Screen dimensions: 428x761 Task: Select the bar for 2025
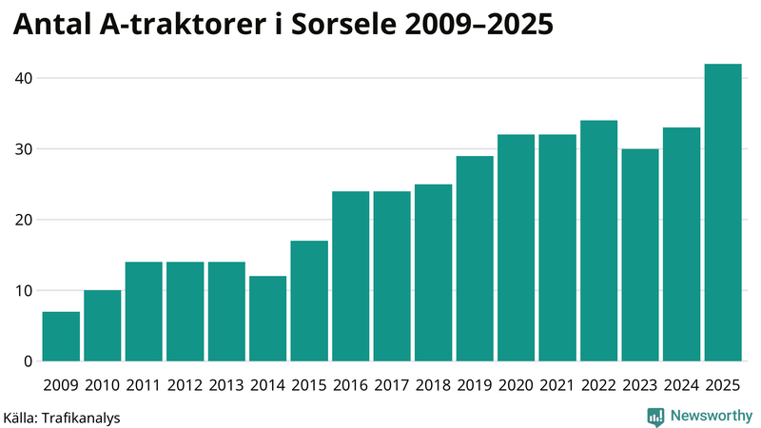(x=723, y=213)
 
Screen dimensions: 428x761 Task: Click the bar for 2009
(x=61, y=337)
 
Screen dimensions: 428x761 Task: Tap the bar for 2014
(x=267, y=319)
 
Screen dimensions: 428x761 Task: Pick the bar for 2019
(x=475, y=259)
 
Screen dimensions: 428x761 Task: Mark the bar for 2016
(x=350, y=277)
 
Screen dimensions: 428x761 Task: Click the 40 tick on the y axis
(x=24, y=78)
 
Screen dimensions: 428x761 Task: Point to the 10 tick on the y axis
(x=24, y=291)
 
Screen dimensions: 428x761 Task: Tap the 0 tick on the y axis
(x=29, y=361)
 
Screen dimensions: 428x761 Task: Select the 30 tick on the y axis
(x=24, y=149)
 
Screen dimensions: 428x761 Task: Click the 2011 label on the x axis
(x=144, y=385)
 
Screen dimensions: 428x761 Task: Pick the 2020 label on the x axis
(x=516, y=385)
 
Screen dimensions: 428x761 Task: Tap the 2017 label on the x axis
(x=392, y=385)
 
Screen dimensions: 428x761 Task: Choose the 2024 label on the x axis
(x=681, y=385)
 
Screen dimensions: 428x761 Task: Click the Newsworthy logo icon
(x=655, y=416)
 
